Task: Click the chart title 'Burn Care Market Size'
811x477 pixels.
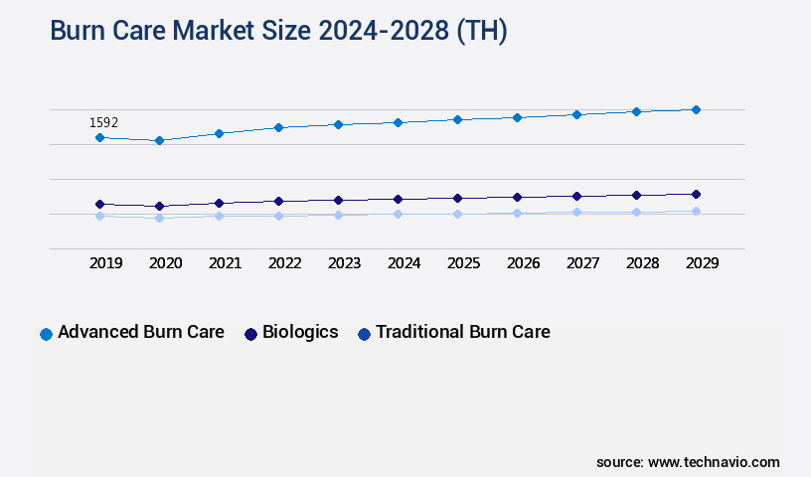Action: click(278, 31)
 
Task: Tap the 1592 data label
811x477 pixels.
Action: click(103, 122)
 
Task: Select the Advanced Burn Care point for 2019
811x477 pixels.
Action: click(99, 137)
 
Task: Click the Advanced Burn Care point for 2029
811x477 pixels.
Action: click(696, 109)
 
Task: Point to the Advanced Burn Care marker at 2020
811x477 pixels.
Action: click(159, 141)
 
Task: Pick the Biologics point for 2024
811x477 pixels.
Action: click(398, 199)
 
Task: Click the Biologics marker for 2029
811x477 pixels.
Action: click(696, 194)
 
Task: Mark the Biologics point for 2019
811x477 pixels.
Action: click(99, 204)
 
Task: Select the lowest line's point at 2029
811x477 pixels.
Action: click(696, 211)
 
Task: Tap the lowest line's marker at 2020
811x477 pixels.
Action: click(159, 218)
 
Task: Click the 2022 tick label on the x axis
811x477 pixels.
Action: click(284, 263)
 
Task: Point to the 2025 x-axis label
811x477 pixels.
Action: click(463, 263)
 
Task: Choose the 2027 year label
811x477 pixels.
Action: click(582, 263)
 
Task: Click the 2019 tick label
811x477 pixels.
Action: click(105, 263)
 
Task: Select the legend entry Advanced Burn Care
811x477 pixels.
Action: click(140, 332)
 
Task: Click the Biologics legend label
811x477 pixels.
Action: click(300, 332)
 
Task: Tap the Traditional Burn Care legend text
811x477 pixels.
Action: click(462, 332)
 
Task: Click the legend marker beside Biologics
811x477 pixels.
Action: click(251, 334)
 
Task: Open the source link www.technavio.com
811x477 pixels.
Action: click(714, 462)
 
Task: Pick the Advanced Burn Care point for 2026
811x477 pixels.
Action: click(517, 117)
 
